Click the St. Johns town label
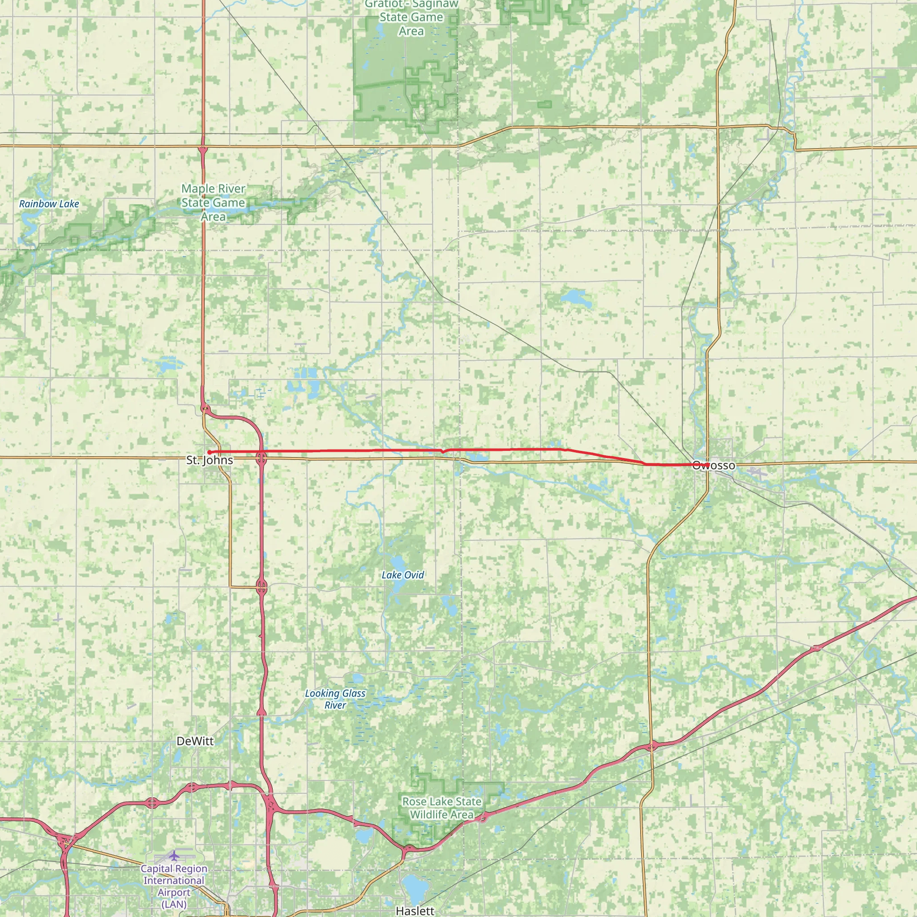coord(209,460)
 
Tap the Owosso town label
coord(713,466)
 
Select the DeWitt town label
coord(195,741)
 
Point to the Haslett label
coord(415,910)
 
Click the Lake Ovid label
coord(403,575)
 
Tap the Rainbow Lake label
coord(49,204)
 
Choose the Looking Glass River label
coord(335,699)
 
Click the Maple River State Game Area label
coord(213,203)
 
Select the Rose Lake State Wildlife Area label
coord(441,808)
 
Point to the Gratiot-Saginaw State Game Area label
coord(411,17)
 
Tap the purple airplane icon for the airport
coord(174,856)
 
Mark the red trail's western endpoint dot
coord(209,452)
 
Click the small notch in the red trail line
coord(443,451)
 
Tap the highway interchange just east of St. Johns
coord(261,458)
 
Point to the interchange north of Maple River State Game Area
coord(203,150)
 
